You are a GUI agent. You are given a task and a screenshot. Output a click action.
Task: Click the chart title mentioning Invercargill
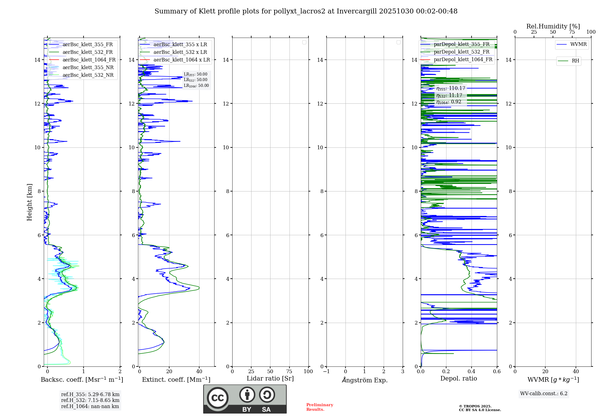[x=306, y=11]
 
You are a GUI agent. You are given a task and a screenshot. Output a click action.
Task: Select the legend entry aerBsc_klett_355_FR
[x=88, y=45]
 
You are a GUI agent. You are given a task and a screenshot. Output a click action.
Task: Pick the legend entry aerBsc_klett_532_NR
[x=88, y=75]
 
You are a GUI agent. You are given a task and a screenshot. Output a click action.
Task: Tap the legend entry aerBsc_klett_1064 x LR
[x=181, y=60]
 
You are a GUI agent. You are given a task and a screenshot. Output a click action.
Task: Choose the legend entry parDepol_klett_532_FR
[x=461, y=52]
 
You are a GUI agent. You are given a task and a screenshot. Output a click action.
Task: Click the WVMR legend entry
[x=578, y=44]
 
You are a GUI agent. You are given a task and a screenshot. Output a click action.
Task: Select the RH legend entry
[x=575, y=61]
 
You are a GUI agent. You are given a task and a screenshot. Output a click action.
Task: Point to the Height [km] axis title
[x=29, y=202]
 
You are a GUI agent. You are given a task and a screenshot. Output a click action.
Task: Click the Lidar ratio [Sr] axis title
[x=270, y=379]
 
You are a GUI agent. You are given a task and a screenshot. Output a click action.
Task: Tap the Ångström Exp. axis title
[x=364, y=380]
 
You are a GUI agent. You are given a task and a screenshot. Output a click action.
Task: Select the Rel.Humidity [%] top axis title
[x=553, y=26]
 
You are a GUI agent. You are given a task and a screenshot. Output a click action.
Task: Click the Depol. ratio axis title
[x=458, y=379]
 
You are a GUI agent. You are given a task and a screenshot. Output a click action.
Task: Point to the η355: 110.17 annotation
[x=451, y=88]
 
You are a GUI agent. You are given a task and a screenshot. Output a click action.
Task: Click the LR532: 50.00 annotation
[x=196, y=80]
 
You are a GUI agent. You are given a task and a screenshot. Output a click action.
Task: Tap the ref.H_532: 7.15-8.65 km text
[x=90, y=400]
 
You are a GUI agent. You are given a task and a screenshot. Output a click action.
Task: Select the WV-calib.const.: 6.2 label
[x=544, y=394]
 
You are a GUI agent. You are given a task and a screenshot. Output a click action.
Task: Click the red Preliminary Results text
[x=319, y=407]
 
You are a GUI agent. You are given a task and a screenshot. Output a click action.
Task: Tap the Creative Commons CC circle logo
[x=218, y=398]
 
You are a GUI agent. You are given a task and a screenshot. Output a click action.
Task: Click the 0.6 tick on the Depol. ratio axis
[x=497, y=372]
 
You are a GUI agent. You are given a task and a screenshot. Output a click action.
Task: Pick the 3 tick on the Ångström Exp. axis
[x=403, y=372]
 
